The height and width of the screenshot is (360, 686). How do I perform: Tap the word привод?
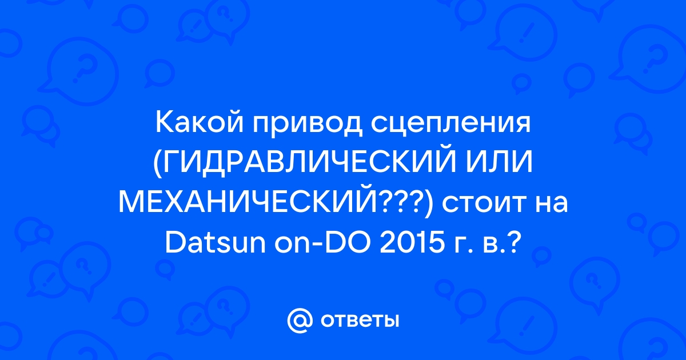tap(307, 126)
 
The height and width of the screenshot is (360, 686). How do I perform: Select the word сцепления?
tap(450, 126)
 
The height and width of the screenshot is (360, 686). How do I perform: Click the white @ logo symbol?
tap(300, 321)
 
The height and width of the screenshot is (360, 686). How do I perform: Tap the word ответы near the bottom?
tap(360, 321)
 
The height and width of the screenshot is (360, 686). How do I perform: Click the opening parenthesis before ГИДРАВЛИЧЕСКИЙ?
tap(157, 164)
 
